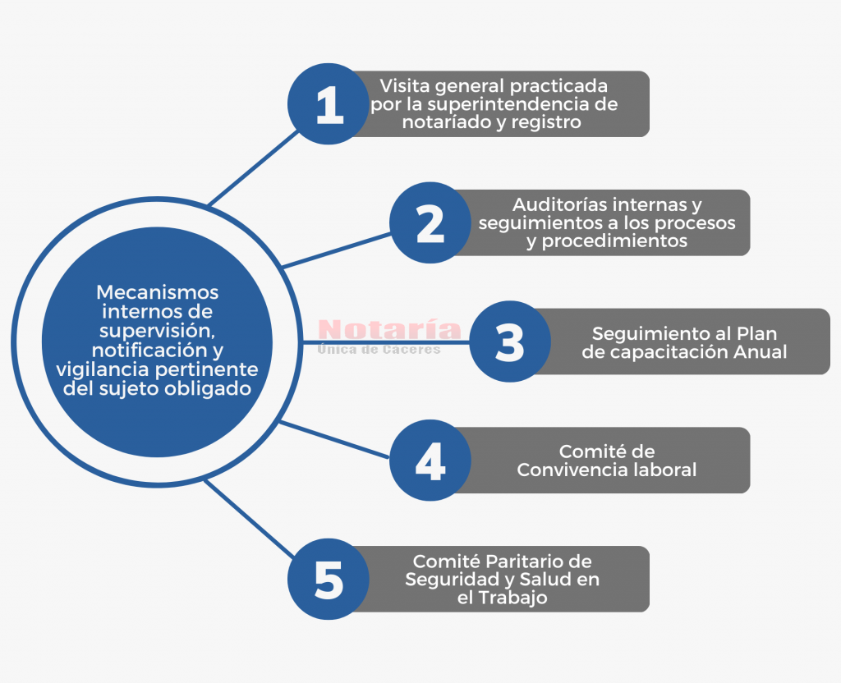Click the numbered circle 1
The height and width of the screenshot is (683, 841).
click(x=329, y=103)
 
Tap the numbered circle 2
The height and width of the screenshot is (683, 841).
click(x=430, y=222)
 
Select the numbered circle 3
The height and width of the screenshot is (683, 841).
click(x=510, y=341)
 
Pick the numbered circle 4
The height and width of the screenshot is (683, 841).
click(x=430, y=461)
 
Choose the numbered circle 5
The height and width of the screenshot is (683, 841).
click(x=329, y=580)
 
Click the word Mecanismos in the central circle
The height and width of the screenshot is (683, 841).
click(x=157, y=292)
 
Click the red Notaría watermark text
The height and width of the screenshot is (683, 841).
click(x=389, y=329)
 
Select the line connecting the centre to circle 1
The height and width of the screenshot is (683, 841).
click(x=254, y=167)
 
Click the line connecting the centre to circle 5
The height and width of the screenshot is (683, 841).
click(x=250, y=519)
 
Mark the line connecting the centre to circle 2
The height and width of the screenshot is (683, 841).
click(x=336, y=250)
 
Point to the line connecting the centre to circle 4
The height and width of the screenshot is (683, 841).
click(x=334, y=440)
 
